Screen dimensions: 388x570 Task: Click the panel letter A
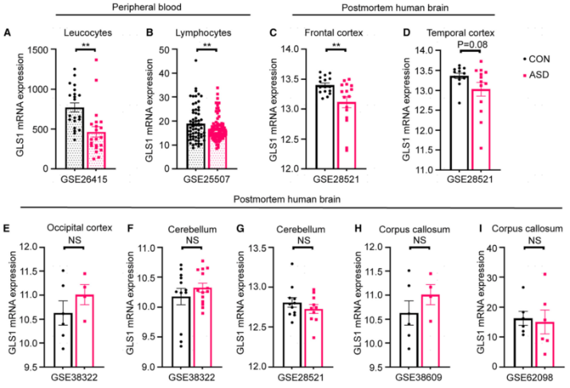tap(7, 33)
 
